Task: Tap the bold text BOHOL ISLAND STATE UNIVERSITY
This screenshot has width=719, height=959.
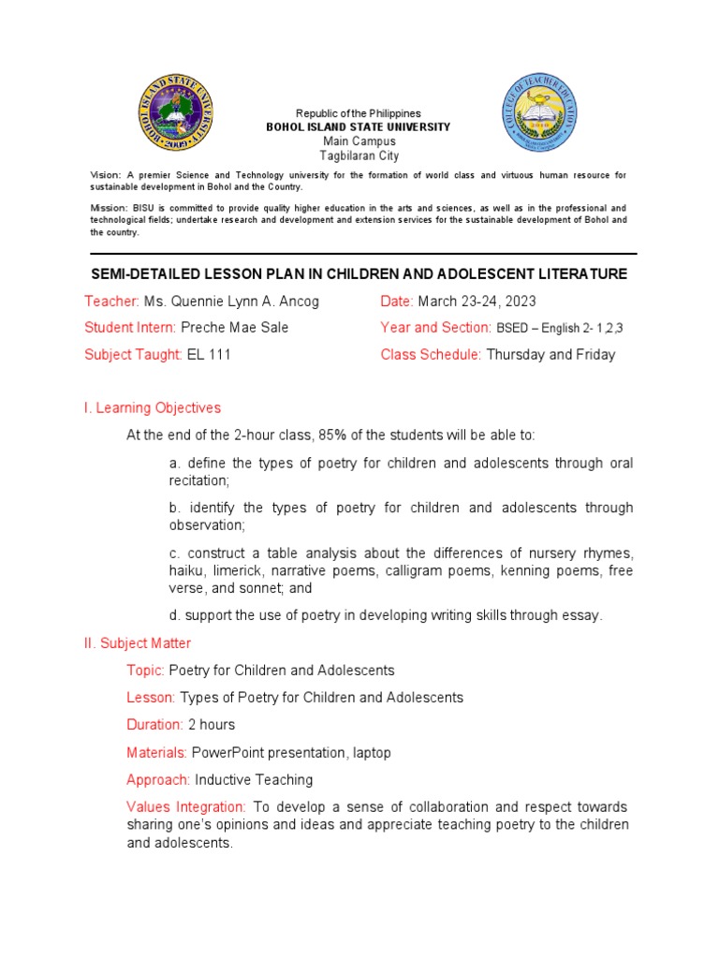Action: point(359,127)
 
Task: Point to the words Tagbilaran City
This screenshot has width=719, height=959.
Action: point(359,155)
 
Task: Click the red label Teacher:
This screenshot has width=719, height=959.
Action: point(111,301)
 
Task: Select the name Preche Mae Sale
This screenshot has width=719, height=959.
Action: point(234,328)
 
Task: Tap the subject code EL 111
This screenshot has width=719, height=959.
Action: point(209,355)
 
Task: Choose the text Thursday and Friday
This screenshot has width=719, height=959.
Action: point(550,355)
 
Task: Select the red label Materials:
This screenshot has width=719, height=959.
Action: point(157,752)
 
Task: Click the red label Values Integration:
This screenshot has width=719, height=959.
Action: point(186,806)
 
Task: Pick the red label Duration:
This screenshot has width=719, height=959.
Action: point(154,725)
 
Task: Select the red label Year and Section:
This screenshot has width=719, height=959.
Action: point(435,328)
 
